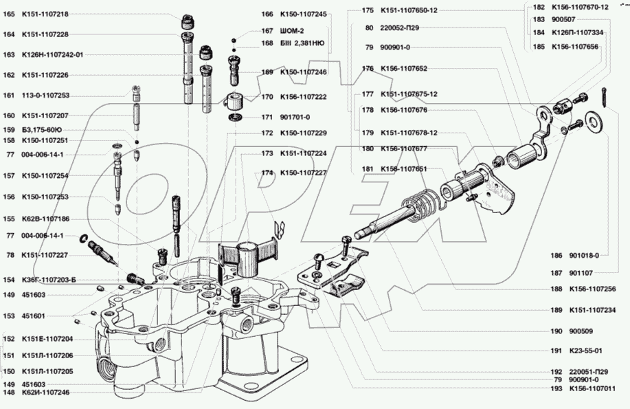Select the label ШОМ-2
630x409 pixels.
click(293, 30)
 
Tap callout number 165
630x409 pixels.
click(9, 14)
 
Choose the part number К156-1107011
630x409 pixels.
click(592, 389)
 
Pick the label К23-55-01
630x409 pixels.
click(585, 350)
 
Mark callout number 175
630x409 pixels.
click(368, 10)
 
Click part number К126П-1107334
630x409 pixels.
click(578, 32)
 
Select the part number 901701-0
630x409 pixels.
click(295, 117)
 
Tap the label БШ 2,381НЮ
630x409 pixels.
click(302, 43)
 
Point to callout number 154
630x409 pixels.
click(9, 280)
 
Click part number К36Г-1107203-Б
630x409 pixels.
click(49, 280)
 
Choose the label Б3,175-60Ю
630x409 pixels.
click(42, 129)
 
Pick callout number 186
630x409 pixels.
click(556, 254)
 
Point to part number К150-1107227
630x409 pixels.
click(303, 173)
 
